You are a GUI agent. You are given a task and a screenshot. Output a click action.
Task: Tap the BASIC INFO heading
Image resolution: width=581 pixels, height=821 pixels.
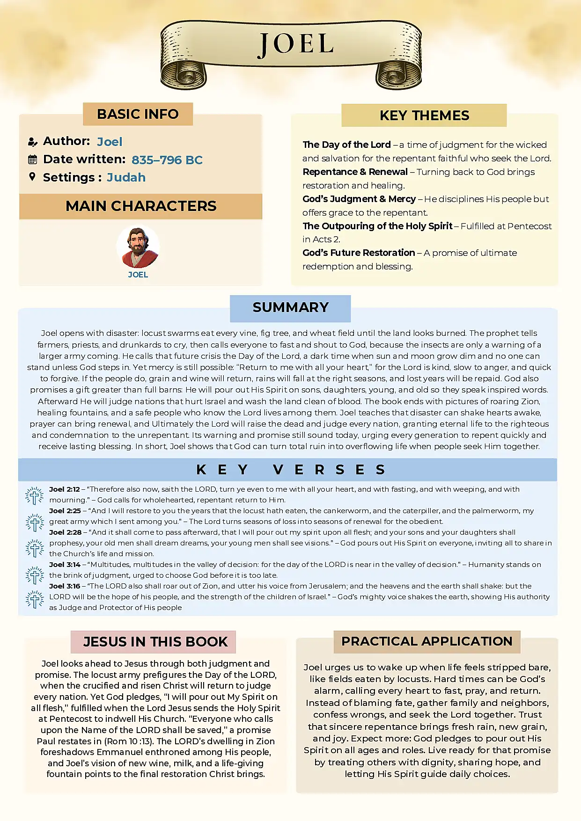point(138,114)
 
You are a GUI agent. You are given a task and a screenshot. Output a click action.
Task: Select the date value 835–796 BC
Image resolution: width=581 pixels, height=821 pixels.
point(167,160)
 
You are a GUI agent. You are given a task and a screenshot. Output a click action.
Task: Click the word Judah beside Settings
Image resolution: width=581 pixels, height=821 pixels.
point(126,178)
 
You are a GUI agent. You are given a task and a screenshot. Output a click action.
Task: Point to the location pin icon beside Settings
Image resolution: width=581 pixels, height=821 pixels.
point(32,177)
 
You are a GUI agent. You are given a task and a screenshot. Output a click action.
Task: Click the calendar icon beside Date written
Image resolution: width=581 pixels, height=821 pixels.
point(32,160)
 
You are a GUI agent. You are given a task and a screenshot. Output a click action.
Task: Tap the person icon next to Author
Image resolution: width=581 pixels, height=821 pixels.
point(32,142)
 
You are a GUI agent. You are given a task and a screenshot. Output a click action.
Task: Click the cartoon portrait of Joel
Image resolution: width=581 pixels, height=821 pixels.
point(138,247)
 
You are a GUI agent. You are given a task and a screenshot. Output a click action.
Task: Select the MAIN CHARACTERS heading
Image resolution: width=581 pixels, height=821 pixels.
point(141,206)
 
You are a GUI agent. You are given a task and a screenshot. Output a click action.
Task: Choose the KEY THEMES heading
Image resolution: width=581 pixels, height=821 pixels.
point(424,116)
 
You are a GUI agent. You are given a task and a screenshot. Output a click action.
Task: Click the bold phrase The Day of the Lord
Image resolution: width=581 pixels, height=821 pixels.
point(346,145)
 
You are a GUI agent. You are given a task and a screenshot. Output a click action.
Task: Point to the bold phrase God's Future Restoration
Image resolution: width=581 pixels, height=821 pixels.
point(359,253)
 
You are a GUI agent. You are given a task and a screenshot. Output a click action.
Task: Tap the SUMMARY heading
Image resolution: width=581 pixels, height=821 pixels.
point(290,308)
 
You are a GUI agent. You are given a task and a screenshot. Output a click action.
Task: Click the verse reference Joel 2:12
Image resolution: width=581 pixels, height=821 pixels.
point(65,489)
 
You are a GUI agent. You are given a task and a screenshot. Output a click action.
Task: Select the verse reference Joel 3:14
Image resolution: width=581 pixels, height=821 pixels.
point(65,565)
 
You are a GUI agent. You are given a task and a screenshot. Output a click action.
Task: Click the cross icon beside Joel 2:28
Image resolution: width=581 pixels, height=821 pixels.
point(35,548)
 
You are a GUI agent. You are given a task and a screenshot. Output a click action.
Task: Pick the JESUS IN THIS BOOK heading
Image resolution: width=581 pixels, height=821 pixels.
point(155,642)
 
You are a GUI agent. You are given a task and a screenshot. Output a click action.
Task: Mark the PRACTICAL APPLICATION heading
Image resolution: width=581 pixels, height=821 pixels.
point(427,641)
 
